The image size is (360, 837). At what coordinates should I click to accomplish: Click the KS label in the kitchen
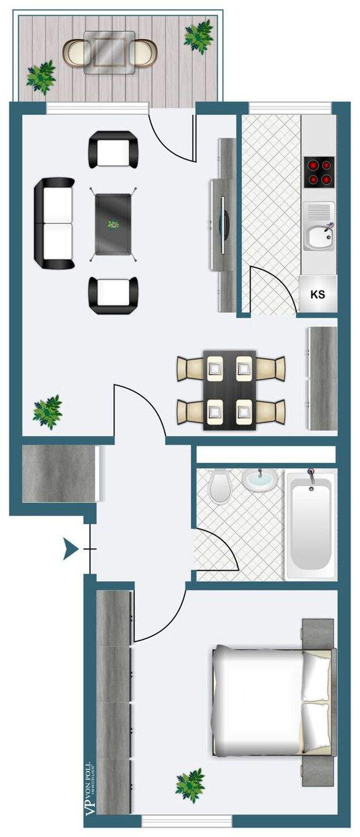point(318,294)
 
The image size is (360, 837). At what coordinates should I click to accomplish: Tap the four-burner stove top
point(319,172)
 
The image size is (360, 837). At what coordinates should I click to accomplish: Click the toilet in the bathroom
point(219,487)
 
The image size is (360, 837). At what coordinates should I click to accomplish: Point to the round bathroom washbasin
point(260,479)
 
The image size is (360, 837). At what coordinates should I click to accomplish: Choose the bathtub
point(311,525)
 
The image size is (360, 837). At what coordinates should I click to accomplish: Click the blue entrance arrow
point(70,549)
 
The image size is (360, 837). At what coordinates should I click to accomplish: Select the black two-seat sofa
point(54,223)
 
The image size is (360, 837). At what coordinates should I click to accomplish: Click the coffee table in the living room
point(113,224)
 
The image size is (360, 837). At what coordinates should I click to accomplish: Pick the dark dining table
point(230,390)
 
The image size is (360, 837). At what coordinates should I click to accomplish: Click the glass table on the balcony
point(109,53)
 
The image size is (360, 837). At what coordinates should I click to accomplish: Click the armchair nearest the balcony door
point(113,149)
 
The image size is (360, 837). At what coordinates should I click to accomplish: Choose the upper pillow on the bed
point(316,675)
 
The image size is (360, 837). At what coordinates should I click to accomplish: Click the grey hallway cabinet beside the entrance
point(61,473)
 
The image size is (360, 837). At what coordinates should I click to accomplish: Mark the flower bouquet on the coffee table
point(113,224)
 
